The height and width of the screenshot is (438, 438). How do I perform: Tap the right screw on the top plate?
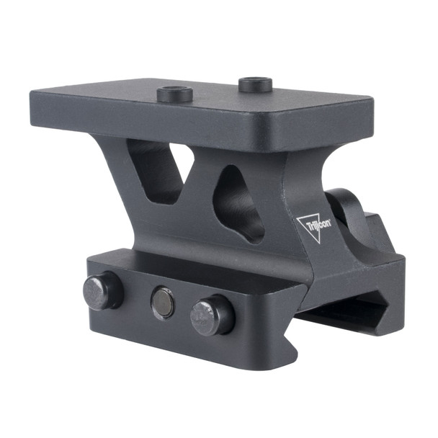tap(255, 84)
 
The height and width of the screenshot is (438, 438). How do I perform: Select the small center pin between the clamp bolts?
tap(162, 303)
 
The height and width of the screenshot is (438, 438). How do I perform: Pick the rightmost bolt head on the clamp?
tap(211, 316)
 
